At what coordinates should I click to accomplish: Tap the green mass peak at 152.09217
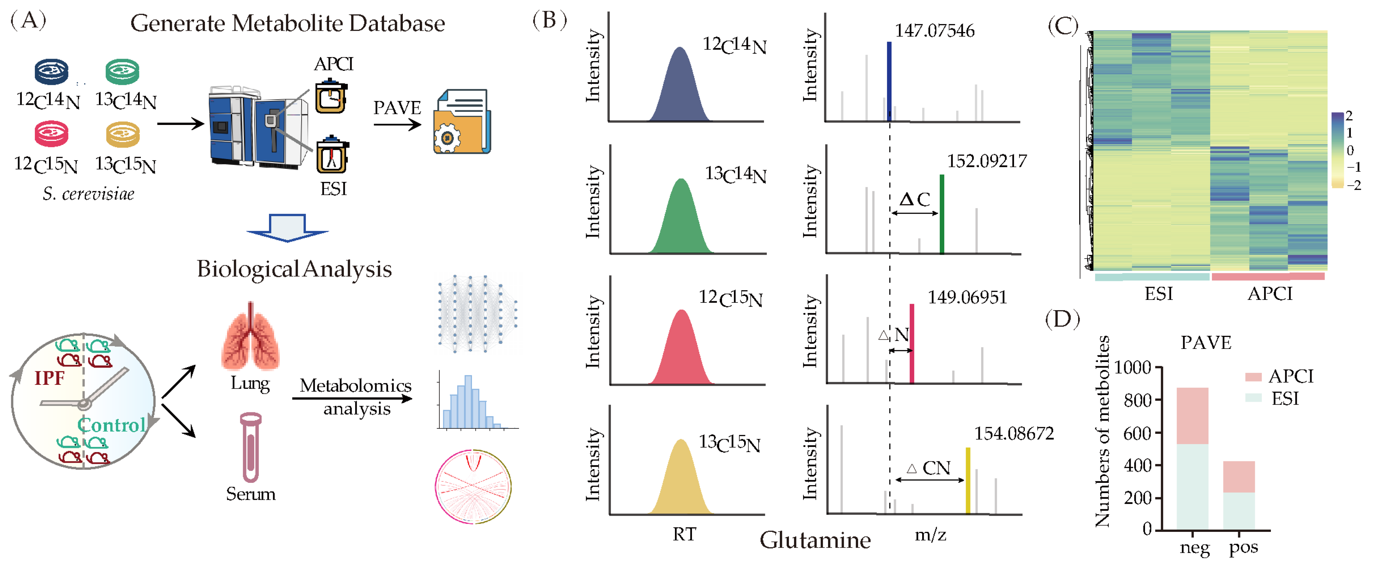942,213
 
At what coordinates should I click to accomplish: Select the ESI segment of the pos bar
1239,511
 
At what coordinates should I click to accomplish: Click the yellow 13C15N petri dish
123,134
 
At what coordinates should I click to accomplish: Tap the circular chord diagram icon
473,486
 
